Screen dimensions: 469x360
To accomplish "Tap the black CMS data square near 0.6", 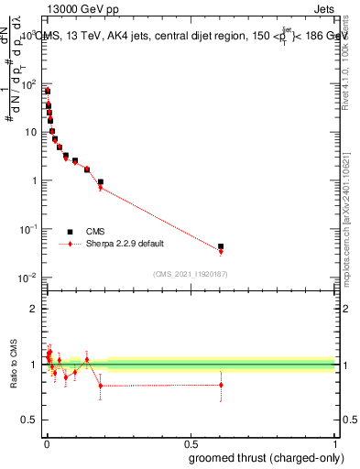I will (221, 246).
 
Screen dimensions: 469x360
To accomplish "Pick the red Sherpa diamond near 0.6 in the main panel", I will (221, 251).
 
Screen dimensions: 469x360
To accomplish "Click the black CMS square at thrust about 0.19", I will (101, 181).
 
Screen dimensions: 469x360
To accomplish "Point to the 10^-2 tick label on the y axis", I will (28, 277).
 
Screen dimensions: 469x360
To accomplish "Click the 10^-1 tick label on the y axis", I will (28, 228).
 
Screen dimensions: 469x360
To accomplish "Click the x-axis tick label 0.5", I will (190, 443).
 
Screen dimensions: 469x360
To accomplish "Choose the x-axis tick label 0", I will (45, 443).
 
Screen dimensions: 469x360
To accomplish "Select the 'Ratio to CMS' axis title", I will (13, 364).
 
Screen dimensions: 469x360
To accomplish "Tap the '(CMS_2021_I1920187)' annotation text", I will (190, 274).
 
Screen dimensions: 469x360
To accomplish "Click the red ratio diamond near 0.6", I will (221, 385).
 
